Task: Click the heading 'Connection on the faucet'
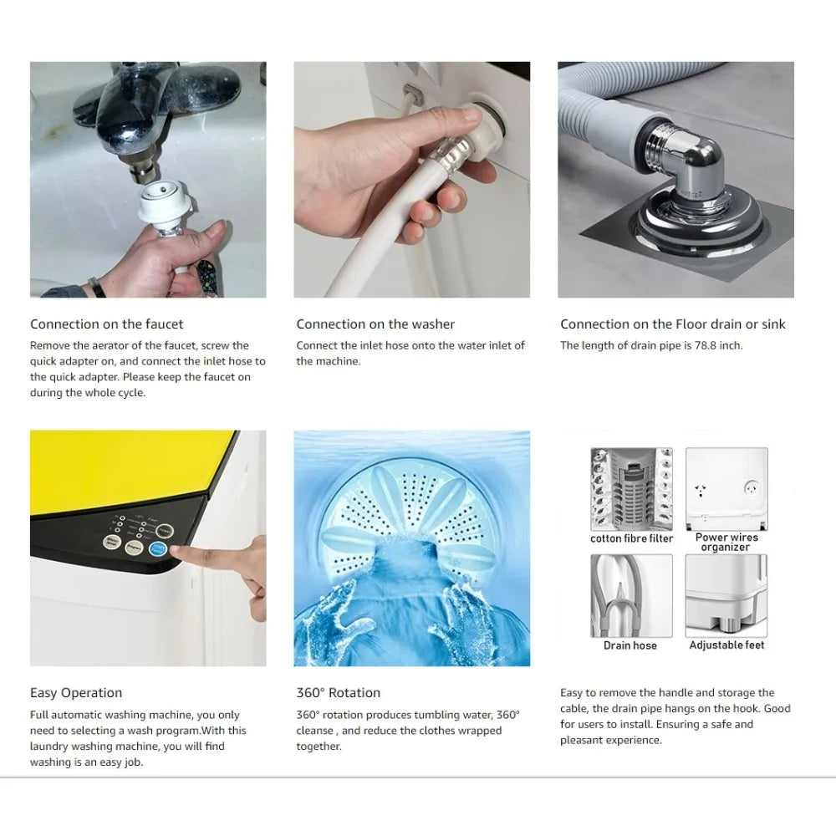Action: click(x=106, y=324)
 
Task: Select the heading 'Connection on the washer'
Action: click(x=375, y=324)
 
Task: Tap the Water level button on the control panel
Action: click(x=112, y=544)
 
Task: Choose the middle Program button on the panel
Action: click(x=135, y=547)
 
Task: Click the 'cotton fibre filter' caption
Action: click(x=631, y=538)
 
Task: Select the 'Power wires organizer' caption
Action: click(x=726, y=542)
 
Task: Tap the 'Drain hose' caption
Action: click(x=630, y=645)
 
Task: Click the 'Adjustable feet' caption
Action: click(x=726, y=645)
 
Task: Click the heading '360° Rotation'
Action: click(x=338, y=692)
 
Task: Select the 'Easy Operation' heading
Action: click(x=76, y=692)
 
